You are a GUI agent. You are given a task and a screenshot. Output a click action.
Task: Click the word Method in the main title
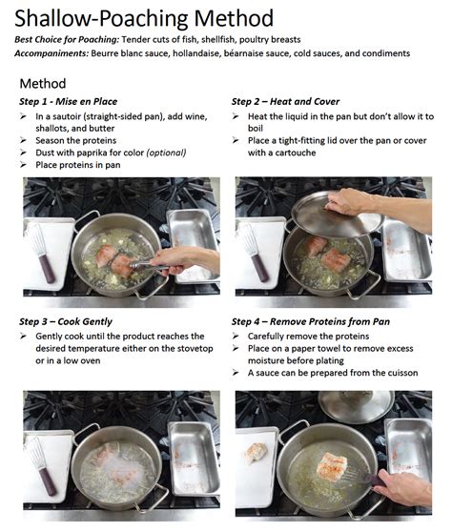pos(234,18)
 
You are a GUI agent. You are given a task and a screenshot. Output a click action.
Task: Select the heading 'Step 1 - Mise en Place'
pos(69,101)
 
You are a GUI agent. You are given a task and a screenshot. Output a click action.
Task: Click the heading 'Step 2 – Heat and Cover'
pos(285,101)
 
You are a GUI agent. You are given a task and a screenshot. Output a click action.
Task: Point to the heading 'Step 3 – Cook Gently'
pos(66,321)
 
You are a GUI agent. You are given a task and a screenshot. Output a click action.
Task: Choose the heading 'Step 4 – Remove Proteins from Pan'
pos(311,321)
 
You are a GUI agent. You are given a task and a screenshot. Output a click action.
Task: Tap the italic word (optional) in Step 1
pos(166,153)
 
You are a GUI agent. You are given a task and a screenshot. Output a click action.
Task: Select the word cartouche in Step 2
pos(296,153)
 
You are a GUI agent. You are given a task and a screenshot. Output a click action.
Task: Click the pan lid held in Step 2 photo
pos(337,215)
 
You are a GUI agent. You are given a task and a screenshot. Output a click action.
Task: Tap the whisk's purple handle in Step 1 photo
pos(47,269)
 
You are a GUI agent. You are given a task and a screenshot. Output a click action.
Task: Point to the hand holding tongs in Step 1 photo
pos(185,260)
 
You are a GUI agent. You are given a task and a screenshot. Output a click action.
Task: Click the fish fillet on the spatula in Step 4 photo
pos(332,464)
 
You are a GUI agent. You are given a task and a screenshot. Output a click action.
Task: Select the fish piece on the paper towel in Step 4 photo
pos(256,453)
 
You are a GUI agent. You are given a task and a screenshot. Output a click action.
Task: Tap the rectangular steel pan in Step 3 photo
pos(195,459)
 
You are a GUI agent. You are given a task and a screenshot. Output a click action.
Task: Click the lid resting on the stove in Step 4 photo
pos(357,406)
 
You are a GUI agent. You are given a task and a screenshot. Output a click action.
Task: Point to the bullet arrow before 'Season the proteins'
pos(23,140)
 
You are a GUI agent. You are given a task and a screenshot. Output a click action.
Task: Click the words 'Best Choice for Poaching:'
pos(67,40)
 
